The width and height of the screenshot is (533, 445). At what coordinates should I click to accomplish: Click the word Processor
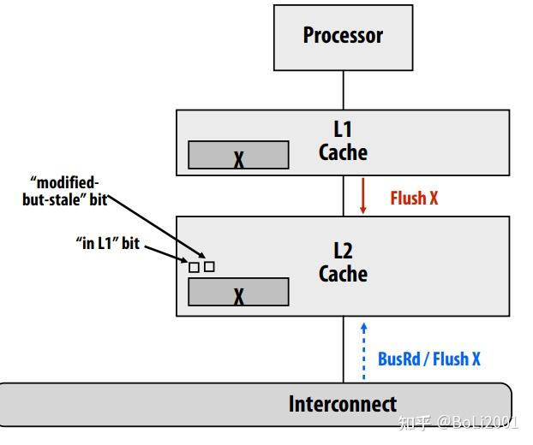pyautogui.click(x=343, y=36)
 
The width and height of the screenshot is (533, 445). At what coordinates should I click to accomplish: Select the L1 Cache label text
pyautogui.click(x=343, y=141)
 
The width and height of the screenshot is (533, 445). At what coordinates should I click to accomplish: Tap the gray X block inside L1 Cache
pyautogui.click(x=238, y=156)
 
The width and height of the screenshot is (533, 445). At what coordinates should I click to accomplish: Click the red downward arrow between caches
pyautogui.click(x=362, y=197)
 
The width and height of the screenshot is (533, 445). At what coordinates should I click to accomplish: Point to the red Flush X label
pyautogui.click(x=414, y=198)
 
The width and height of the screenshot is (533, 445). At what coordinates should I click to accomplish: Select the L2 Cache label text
pyautogui.click(x=343, y=263)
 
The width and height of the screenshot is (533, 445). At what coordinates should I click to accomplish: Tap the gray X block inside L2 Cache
pyautogui.click(x=238, y=293)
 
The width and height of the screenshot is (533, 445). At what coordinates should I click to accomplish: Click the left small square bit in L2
pyautogui.click(x=194, y=268)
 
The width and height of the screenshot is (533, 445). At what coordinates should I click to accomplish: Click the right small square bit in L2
pyautogui.click(x=209, y=267)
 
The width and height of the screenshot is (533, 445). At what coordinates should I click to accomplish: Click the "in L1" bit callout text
pyautogui.click(x=107, y=244)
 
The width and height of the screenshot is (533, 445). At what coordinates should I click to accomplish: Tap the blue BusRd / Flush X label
pyautogui.click(x=428, y=359)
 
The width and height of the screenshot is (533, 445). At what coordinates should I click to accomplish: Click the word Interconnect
pyautogui.click(x=342, y=404)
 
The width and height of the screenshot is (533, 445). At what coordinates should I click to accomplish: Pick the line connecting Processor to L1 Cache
pyautogui.click(x=343, y=90)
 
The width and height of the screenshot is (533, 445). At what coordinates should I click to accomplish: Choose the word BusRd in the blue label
pyautogui.click(x=399, y=359)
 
